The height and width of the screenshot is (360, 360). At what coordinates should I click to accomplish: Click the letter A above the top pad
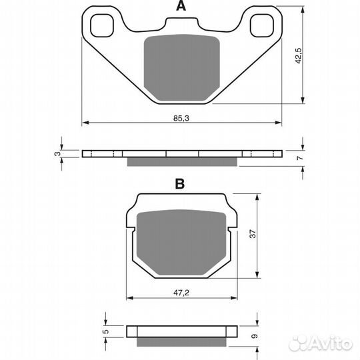tap(181, 6)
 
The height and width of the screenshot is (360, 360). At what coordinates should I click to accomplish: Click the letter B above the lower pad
tap(180, 184)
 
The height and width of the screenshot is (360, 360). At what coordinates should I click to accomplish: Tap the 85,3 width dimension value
tap(181, 118)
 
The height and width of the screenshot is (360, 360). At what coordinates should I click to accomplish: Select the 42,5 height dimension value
tap(299, 56)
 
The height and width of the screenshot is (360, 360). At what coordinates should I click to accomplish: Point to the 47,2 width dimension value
tap(181, 293)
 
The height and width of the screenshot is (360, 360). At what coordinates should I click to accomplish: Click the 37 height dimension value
tap(253, 234)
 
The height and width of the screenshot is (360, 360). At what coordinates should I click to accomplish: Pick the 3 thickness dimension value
tap(57, 153)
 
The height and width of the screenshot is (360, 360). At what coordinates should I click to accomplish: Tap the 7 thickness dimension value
tap(300, 158)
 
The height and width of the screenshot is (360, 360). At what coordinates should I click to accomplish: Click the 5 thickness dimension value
tap(106, 331)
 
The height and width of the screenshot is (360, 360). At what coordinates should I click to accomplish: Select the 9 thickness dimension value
tap(255, 336)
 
